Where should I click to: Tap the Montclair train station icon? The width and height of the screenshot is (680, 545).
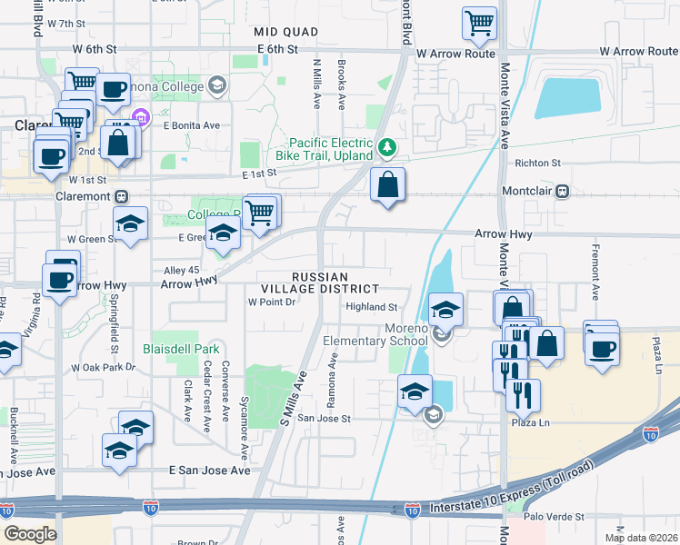pos(564,192)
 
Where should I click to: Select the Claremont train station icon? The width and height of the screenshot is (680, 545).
pos(120,196)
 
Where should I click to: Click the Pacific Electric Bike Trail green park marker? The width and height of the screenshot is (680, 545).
pos(388,145)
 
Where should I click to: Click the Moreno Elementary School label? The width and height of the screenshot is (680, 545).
pos(375,333)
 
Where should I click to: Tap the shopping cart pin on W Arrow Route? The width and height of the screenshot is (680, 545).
pos(479,23)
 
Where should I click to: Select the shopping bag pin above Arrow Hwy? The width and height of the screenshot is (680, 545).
pos(388,185)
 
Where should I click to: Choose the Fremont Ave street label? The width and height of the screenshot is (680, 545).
pos(596,272)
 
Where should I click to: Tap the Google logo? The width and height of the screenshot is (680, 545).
pos(30,534)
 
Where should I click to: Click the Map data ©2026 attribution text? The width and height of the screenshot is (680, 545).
pos(640,538)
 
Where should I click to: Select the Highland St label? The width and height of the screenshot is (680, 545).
pos(372,307)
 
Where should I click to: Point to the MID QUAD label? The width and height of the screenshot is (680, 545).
pos(286,32)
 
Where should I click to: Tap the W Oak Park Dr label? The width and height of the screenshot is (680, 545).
pos(103,368)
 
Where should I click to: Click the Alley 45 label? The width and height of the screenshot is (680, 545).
pos(180,270)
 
